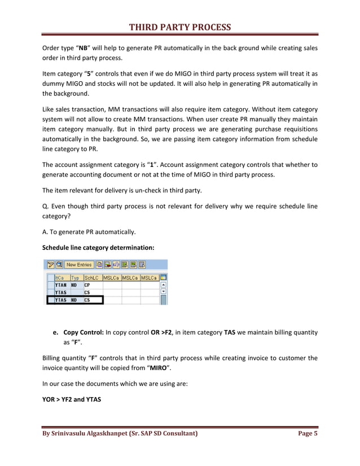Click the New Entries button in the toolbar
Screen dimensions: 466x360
coord(78,265)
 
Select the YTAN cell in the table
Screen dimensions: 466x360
coord(61,285)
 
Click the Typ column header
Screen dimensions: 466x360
coord(74,278)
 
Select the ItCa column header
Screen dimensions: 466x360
coord(60,278)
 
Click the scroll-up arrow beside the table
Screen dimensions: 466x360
coord(164,285)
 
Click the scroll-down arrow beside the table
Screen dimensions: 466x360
coord(164,292)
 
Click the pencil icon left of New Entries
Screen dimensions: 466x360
coord(50,265)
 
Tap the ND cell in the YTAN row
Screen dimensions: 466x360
coord(74,285)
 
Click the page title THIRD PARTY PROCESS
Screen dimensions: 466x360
coord(180,28)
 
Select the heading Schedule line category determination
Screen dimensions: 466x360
coord(98,247)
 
